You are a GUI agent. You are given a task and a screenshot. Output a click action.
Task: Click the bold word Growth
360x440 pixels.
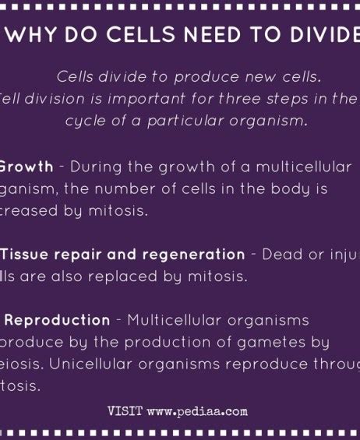pos(26,167)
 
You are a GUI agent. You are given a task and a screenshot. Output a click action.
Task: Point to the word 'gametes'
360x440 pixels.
pos(277,342)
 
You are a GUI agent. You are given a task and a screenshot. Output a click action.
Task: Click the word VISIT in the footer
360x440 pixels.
pos(125,410)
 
